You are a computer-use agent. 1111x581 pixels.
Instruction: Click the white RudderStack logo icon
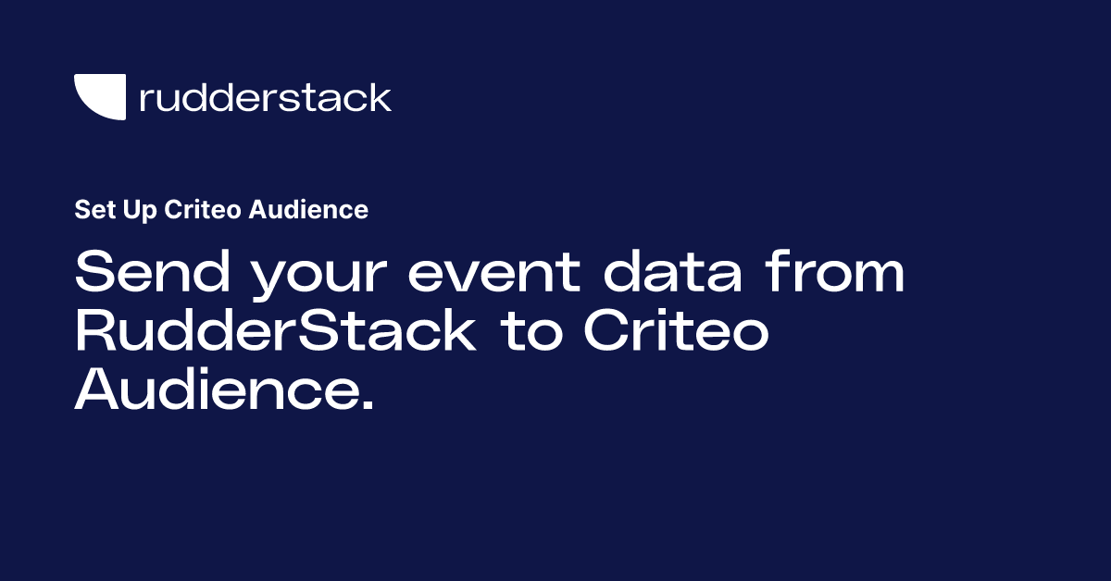(x=100, y=96)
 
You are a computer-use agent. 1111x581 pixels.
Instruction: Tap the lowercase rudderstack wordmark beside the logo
(x=265, y=97)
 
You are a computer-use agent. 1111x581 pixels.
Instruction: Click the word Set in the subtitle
(x=91, y=210)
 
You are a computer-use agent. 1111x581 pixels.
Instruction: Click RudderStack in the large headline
(x=275, y=333)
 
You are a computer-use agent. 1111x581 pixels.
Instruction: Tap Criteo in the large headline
(x=676, y=333)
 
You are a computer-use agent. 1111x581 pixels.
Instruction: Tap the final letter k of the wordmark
(x=380, y=96)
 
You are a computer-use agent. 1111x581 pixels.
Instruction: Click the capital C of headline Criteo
(x=607, y=333)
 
